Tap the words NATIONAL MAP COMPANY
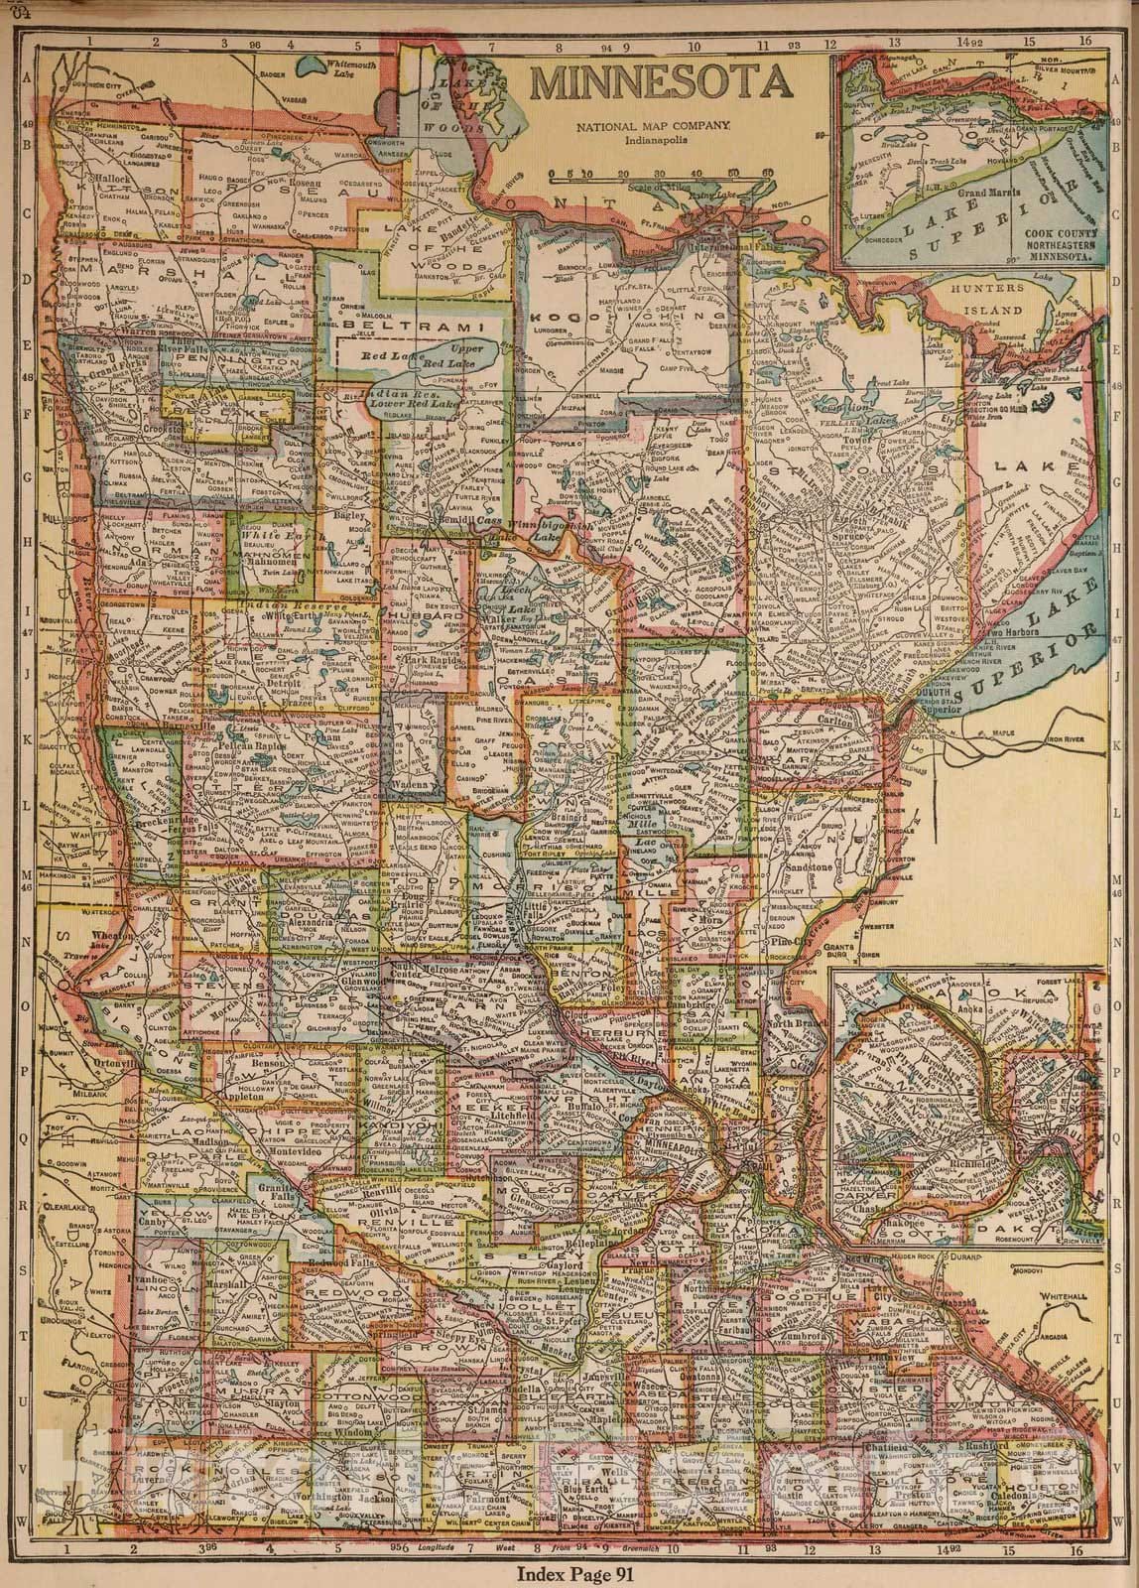pos(656,126)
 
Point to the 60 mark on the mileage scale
pos(767,174)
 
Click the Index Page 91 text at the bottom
pos(569,1571)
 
